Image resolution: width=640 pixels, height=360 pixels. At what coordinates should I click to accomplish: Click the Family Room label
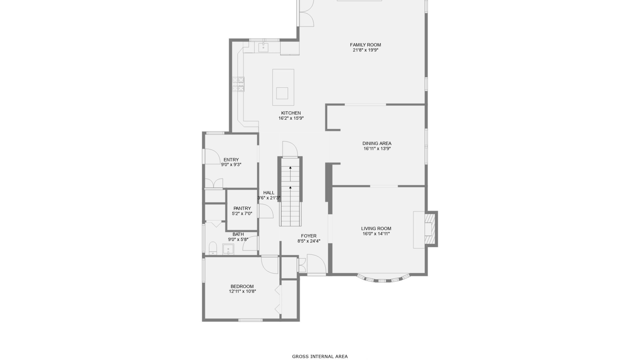click(x=365, y=45)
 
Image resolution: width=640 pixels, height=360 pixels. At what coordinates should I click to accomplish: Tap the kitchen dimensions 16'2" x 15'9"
click(x=291, y=118)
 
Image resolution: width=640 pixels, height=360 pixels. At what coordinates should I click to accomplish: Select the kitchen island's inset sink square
click(x=282, y=93)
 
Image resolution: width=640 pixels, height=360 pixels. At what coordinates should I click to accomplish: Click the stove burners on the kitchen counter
click(x=238, y=84)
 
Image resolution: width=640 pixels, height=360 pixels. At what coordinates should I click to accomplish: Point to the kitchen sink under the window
click(x=263, y=48)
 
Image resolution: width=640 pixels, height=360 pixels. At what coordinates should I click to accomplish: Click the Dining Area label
click(x=377, y=143)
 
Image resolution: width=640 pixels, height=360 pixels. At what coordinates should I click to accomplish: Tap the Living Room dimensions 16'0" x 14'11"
click(x=376, y=234)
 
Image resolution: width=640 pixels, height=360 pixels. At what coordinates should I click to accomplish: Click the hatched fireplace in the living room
click(x=430, y=229)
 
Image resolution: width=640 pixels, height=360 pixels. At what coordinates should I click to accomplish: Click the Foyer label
click(x=309, y=236)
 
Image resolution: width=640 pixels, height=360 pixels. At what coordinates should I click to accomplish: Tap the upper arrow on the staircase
click(x=290, y=169)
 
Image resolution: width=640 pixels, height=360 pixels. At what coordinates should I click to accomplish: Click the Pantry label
click(x=242, y=208)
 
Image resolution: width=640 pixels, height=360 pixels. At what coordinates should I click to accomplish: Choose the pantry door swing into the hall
click(x=266, y=211)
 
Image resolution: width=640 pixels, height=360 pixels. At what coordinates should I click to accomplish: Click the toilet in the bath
click(x=213, y=248)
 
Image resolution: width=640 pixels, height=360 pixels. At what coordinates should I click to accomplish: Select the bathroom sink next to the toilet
click(x=228, y=249)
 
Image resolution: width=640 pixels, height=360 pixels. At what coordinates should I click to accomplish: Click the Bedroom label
click(x=242, y=286)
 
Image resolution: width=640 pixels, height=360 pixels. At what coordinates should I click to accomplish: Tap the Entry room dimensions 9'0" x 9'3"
click(x=231, y=165)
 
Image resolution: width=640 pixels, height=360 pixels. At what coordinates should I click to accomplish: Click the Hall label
click(x=269, y=193)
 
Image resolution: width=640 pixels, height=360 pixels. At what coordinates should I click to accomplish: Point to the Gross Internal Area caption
click(x=320, y=356)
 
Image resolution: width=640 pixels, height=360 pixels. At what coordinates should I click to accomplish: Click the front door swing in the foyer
click(x=316, y=264)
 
